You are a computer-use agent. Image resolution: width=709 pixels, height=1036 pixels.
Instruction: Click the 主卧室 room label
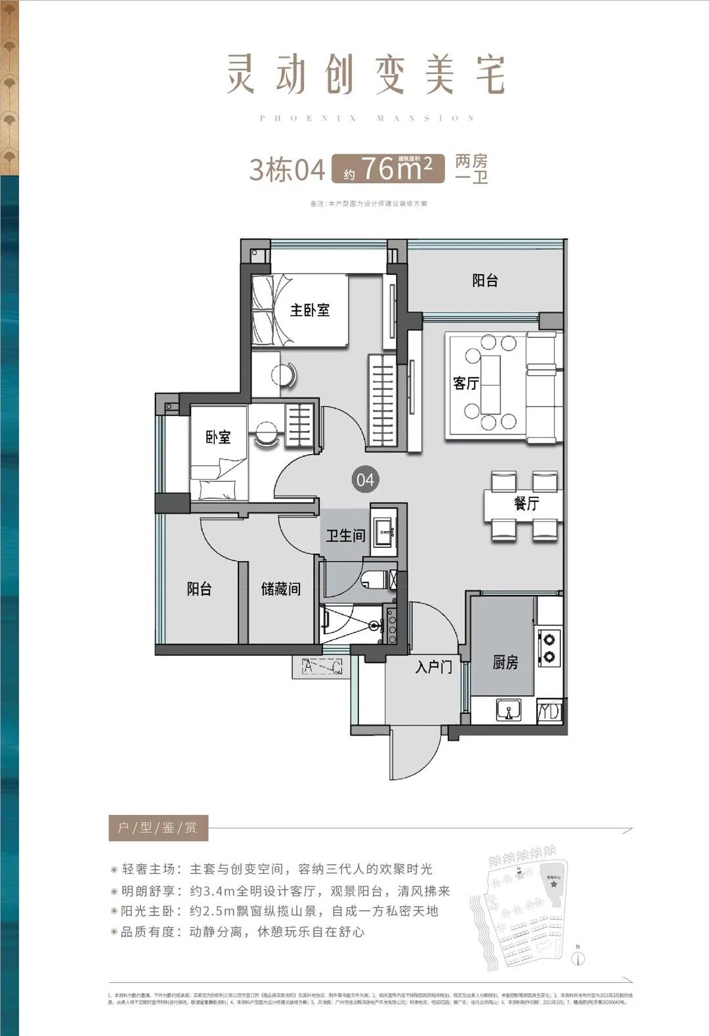click(x=310, y=309)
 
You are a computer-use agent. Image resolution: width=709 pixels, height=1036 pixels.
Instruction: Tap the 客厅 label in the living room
click(x=465, y=383)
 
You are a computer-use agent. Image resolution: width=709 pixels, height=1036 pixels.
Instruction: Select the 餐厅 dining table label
click(x=526, y=503)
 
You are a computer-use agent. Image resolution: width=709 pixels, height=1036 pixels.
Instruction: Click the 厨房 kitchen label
click(x=505, y=662)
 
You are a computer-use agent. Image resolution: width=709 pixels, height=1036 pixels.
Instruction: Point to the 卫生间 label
click(x=345, y=535)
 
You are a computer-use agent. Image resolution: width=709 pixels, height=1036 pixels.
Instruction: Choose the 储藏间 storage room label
click(x=280, y=589)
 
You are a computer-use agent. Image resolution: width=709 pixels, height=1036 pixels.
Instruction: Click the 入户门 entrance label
click(x=433, y=667)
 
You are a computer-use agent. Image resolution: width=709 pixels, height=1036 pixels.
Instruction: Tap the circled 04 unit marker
click(x=365, y=480)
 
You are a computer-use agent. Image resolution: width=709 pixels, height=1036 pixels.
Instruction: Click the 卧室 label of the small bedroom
click(x=218, y=437)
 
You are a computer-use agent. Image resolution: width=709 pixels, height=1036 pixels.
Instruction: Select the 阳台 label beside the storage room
click(x=199, y=589)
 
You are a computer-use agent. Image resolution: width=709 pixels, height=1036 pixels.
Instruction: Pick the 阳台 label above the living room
click(x=485, y=280)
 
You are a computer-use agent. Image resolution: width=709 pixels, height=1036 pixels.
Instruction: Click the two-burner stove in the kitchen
click(x=549, y=646)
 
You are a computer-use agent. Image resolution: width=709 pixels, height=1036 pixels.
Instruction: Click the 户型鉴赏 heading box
click(x=158, y=827)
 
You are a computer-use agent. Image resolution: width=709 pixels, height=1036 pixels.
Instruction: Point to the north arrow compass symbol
click(x=578, y=959)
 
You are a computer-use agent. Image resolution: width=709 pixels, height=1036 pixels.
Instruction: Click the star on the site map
click(x=555, y=884)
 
